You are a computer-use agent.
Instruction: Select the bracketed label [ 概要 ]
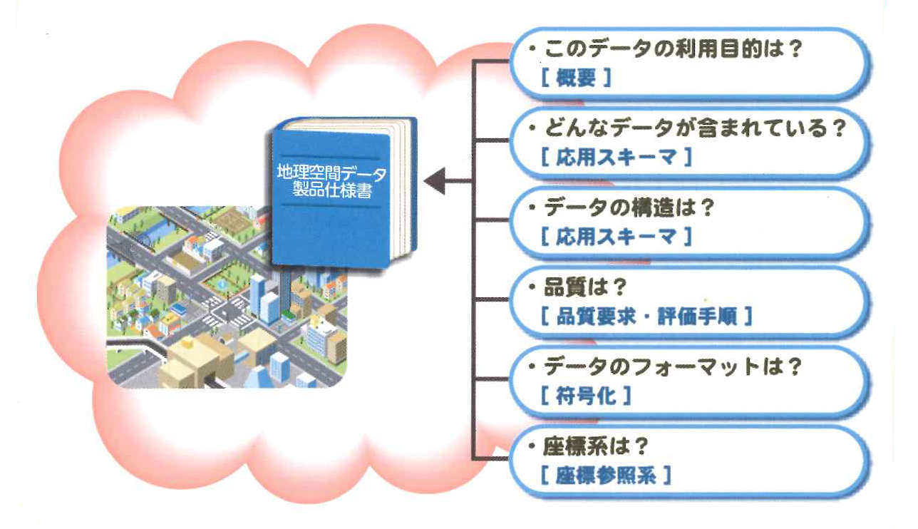576,78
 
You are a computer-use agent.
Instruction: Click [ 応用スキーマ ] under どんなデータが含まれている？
616,158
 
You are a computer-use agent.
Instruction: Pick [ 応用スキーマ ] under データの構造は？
616,237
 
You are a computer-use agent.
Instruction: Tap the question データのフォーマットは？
673,369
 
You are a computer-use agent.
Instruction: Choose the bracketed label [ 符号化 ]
585,396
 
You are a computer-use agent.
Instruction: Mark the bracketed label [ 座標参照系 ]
606,476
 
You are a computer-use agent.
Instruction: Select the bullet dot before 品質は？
532,289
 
